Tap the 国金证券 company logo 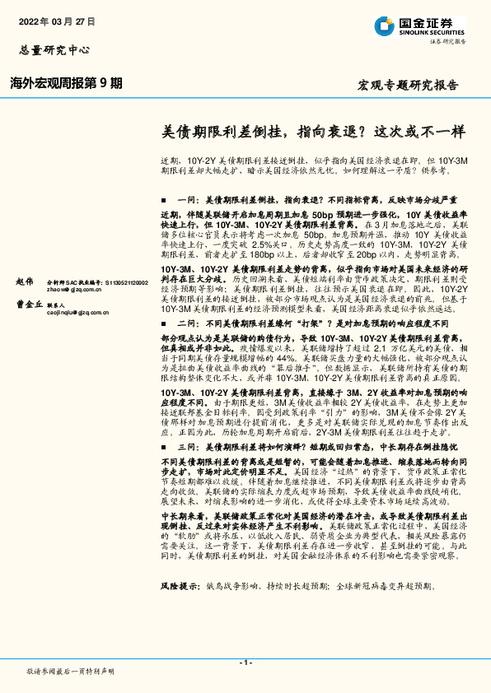[386, 26]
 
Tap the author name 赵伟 [25, 281]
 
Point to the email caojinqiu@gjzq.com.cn [77, 312]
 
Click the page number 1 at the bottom [245, 663]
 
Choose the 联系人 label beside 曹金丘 [68, 304]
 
